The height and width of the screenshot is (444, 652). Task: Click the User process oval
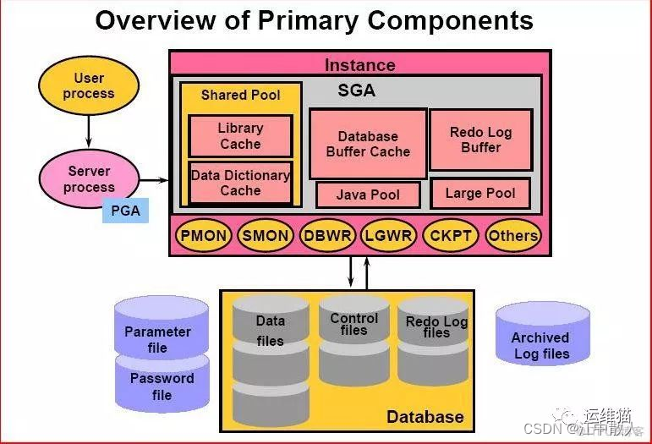coord(88,86)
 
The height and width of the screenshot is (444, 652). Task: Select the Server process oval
coord(89,178)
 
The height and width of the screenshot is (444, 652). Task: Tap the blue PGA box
coord(125,209)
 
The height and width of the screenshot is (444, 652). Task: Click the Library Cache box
coord(240,136)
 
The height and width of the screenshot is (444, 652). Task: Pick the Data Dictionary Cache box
coord(240,183)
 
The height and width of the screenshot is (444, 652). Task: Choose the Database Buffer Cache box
coord(368,144)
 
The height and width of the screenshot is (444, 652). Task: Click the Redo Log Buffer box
coord(480,140)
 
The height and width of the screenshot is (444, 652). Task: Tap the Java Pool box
coord(368,195)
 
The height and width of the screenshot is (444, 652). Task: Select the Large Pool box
coord(480,193)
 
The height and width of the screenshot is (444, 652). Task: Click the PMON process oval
coord(203,236)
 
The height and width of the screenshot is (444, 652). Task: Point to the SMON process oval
coord(265,236)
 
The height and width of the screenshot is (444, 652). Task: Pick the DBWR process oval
coord(327,236)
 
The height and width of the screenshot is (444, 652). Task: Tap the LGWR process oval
coord(389,236)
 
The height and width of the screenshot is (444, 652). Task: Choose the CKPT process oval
coord(450,236)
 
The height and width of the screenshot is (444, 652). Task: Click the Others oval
coord(512,236)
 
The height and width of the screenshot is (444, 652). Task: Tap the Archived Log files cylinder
coord(541,342)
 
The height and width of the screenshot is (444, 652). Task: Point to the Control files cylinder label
coord(353,324)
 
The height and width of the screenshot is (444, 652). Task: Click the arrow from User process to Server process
coord(88,131)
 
